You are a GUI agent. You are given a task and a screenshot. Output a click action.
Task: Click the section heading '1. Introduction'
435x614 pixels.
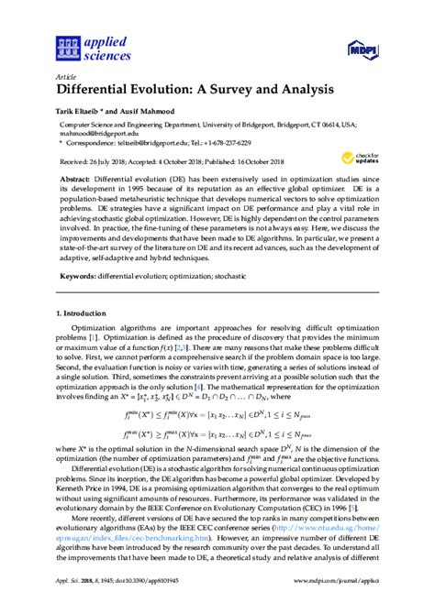click(x=84, y=313)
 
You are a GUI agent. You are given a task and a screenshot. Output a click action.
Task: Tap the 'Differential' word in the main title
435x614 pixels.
click(x=102, y=90)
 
